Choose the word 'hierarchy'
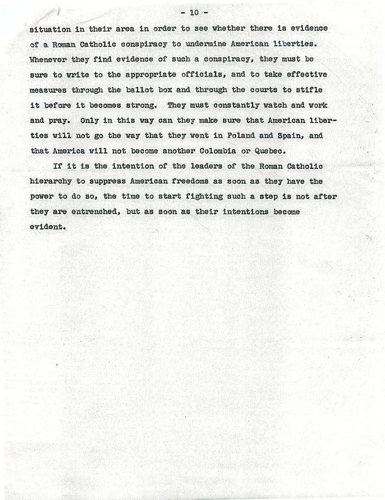(x=51, y=182)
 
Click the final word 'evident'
(x=47, y=227)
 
